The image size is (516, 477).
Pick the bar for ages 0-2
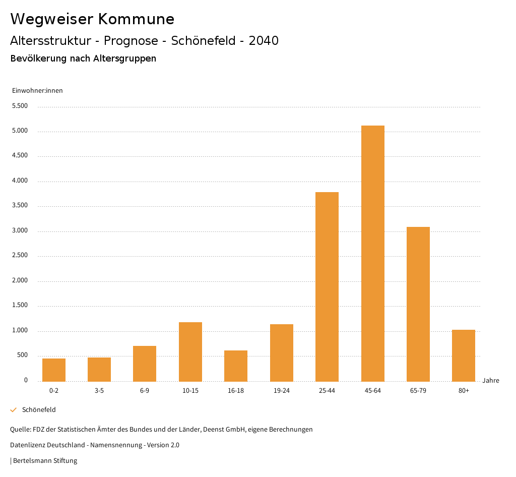54,370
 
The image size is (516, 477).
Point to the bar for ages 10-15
190,351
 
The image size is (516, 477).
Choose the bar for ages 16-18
236,366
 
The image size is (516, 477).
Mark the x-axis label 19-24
282,391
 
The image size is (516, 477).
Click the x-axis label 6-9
145,391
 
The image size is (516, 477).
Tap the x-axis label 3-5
99,391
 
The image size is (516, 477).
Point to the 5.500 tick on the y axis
20,106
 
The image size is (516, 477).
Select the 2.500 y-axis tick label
20,255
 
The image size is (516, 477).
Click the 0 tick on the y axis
26,380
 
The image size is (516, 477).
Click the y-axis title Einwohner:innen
37,91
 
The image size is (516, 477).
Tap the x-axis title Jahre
491,380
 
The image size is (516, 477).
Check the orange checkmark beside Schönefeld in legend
14,410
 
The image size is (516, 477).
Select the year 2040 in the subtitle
264,41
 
